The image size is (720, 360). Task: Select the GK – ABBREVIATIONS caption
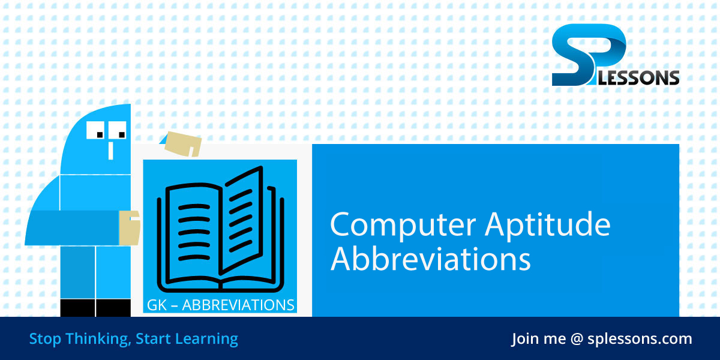(220, 305)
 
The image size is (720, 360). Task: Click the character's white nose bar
(110, 149)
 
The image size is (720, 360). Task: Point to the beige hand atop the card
(183, 143)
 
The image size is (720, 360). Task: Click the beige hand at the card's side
(129, 227)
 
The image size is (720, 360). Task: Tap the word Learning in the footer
(206, 339)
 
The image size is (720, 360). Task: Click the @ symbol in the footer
(577, 339)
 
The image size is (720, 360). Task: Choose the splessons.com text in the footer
(641, 339)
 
